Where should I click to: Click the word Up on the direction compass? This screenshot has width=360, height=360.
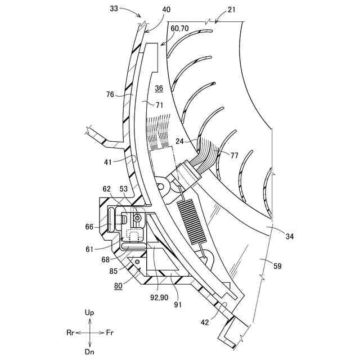pyautogui.click(x=89, y=312)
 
